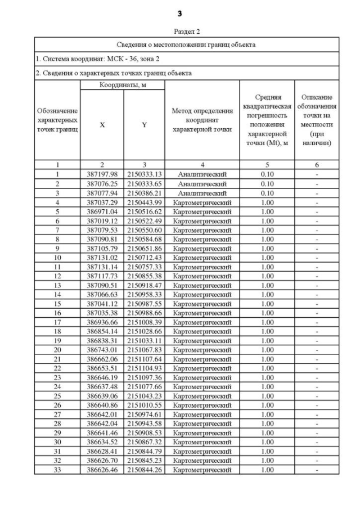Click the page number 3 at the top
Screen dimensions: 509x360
[179, 13]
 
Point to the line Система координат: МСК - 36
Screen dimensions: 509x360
[97, 58]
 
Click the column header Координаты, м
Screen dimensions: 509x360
[121, 85]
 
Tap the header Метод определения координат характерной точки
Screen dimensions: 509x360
[201, 120]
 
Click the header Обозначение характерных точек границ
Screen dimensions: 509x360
[57, 120]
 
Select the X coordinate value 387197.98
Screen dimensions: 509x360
[102, 174]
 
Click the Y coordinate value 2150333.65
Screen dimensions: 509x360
[144, 183]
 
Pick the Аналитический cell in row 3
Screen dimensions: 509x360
[201, 193]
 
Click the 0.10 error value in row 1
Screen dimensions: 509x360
[267, 174]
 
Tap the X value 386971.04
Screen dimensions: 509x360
[102, 211]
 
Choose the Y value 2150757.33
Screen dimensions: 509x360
[144, 267]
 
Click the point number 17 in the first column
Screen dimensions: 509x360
[57, 322]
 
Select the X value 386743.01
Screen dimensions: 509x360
[102, 350]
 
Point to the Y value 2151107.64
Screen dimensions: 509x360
[144, 359]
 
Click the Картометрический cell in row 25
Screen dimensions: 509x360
[201, 396]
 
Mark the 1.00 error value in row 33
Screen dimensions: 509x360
[267, 470]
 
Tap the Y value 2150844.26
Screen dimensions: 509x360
[144, 470]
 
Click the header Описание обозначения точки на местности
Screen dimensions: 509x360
[317, 120]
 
